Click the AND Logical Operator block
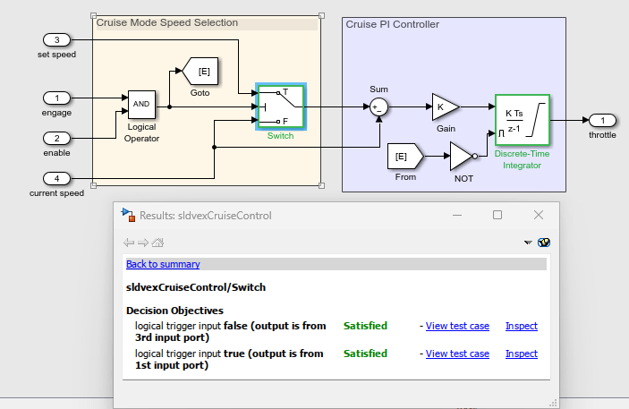[141, 105]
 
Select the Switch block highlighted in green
[280, 107]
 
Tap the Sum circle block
[378, 107]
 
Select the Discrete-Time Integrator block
[521, 119]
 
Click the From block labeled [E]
[403, 158]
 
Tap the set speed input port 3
[57, 40]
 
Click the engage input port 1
[57, 98]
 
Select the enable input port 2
[57, 138]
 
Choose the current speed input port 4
[57, 178]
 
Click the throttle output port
[602, 120]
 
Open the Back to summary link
[163, 264]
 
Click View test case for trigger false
[457, 327]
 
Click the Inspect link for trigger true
[521, 354]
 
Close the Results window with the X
[539, 215]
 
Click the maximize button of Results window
[497, 215]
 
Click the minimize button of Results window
[456, 215]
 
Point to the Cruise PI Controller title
[392, 24]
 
